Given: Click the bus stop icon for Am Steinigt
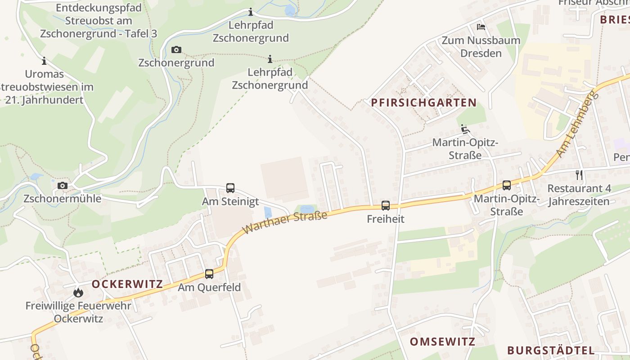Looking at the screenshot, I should click(x=230, y=188).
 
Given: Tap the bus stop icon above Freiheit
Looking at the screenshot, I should click(x=386, y=206).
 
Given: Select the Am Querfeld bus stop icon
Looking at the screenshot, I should click(x=209, y=274).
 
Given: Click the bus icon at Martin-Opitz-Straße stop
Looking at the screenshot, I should click(x=507, y=185).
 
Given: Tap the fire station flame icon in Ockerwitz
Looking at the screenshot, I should click(x=78, y=292).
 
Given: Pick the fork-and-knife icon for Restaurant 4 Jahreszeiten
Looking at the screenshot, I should click(x=579, y=175).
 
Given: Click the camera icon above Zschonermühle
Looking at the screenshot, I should click(x=63, y=185).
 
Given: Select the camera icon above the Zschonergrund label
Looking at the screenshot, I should click(x=176, y=49).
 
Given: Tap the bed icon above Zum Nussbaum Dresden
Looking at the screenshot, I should click(x=481, y=27).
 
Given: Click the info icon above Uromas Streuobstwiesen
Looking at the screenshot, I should click(x=44, y=61).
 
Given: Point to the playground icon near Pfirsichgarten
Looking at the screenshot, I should click(x=465, y=130).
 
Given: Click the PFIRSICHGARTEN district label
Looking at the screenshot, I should click(x=423, y=103).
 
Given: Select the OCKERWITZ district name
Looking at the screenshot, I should click(x=127, y=284).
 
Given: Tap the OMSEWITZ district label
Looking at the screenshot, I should click(x=442, y=342).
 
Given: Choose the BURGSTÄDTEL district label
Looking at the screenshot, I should click(x=550, y=351).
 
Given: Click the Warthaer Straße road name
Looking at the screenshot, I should click(x=285, y=223).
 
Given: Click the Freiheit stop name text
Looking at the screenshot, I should click(x=386, y=219).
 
